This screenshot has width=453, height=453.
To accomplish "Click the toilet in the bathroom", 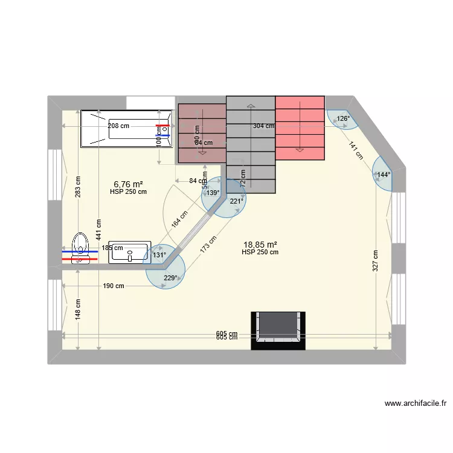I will click(x=80, y=249).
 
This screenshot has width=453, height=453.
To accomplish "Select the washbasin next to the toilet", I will click(x=129, y=252).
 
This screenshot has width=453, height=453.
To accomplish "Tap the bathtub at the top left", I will click(x=126, y=128).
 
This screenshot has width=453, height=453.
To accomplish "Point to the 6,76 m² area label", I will click(x=128, y=184).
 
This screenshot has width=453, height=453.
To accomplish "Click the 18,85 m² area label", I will click(x=260, y=245).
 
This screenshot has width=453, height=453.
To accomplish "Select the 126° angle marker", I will click(x=342, y=118).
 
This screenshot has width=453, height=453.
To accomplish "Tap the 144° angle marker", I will click(x=384, y=175).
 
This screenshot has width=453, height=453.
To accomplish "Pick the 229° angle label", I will click(x=171, y=278).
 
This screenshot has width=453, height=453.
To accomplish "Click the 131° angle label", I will click(x=159, y=255).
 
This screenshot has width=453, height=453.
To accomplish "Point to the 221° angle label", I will click(x=236, y=201).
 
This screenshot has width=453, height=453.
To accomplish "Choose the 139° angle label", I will click(x=213, y=193).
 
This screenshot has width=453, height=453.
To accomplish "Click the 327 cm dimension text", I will click(x=375, y=260).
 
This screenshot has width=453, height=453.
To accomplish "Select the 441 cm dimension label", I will click(x=98, y=230).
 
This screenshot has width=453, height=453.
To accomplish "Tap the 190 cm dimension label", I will click(x=113, y=286).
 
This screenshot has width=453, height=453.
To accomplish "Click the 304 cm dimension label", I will click(x=263, y=126).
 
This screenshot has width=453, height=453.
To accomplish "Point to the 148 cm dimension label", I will click(x=78, y=309).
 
